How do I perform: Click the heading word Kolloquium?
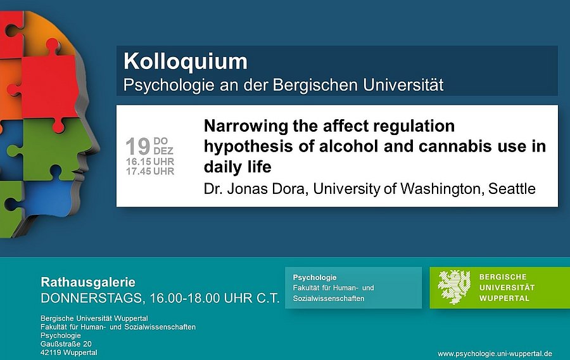(186, 61)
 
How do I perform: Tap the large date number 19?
(138, 146)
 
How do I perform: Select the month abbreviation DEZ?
(163, 151)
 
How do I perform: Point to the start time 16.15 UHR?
(150, 162)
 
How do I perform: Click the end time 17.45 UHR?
(150, 171)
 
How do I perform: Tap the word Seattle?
(512, 189)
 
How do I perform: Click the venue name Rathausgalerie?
(88, 282)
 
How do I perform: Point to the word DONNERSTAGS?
(91, 298)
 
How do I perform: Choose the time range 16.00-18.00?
(185, 298)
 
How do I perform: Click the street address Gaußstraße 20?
(66, 344)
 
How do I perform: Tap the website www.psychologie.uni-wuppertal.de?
(495, 354)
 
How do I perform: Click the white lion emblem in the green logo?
(454, 287)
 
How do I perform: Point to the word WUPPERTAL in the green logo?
(504, 298)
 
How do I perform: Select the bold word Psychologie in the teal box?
(314, 278)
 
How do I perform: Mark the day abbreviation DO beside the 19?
(161, 141)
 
